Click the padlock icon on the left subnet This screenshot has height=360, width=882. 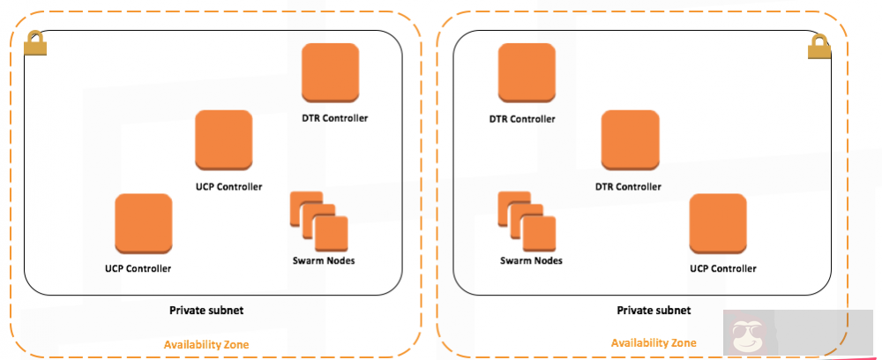(36, 43)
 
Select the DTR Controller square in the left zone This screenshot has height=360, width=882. (330, 74)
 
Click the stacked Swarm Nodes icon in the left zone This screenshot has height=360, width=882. (319, 221)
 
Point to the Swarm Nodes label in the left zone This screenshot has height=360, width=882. (324, 260)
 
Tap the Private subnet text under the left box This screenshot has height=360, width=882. (206, 311)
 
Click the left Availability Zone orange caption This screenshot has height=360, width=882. (206, 344)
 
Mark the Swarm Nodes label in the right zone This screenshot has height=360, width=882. (531, 260)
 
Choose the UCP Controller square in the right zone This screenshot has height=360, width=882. (718, 224)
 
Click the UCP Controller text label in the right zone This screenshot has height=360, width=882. (722, 267)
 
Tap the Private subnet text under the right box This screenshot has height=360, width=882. (654, 311)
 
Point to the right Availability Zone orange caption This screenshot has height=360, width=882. (654, 342)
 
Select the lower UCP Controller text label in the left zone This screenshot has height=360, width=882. (138, 268)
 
